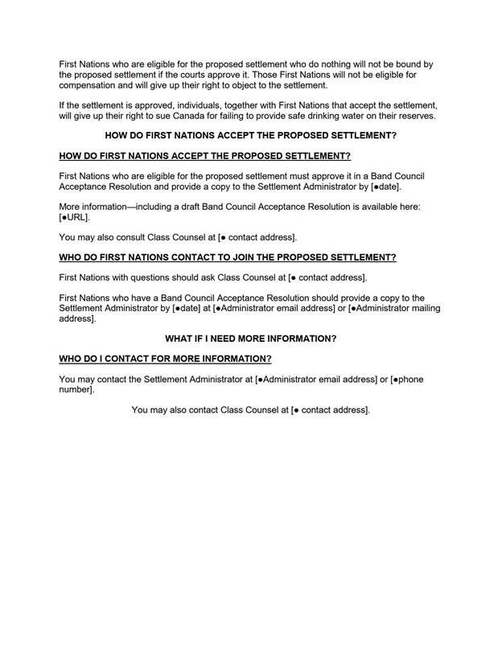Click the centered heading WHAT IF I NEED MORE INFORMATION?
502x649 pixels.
pyautogui.click(x=250, y=339)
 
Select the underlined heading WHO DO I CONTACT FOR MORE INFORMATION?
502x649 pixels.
pyautogui.click(x=165, y=359)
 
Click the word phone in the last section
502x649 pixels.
pyautogui.click(x=410, y=379)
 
